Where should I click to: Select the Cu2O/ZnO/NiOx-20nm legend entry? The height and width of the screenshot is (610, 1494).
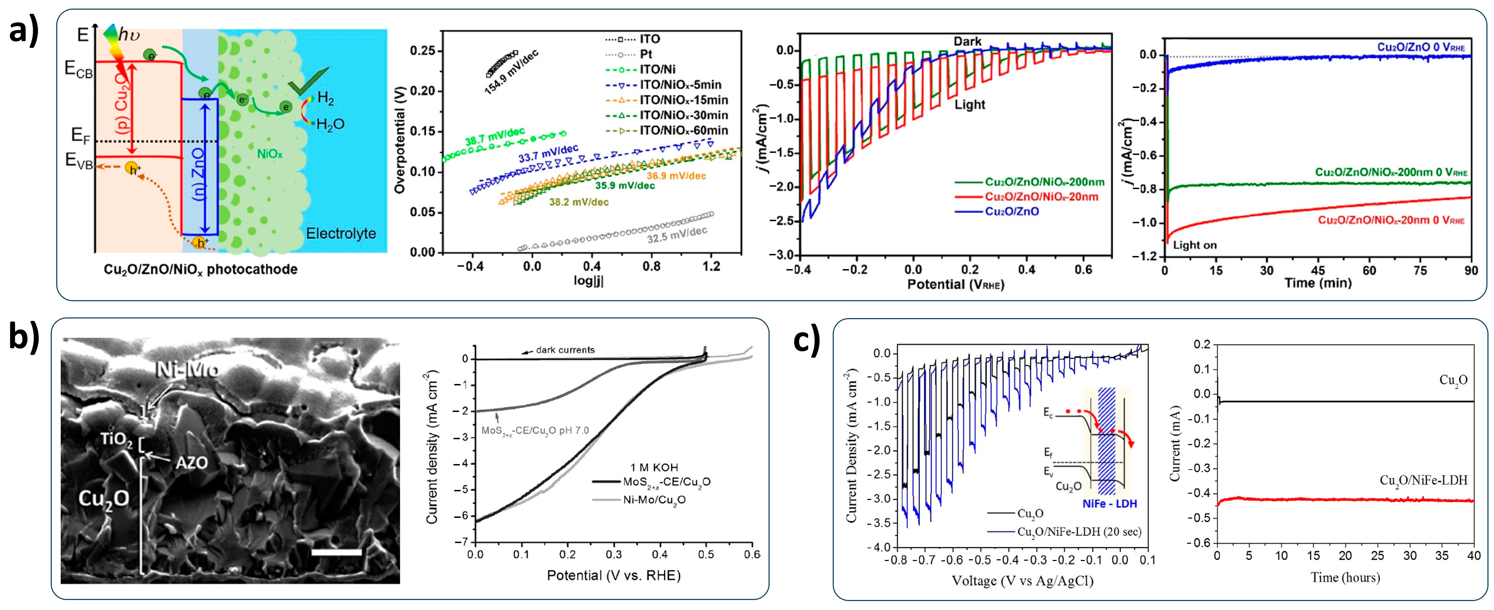(1041, 197)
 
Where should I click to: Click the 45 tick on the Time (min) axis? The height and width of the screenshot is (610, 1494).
(1318, 270)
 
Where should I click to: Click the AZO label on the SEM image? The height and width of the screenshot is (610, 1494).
(191, 463)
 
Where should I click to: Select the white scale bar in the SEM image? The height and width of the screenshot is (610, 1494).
(336, 552)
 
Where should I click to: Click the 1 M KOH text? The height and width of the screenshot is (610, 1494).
(654, 468)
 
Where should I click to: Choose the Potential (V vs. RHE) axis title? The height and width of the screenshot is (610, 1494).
(614, 575)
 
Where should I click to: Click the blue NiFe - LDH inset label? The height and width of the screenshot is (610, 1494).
(1109, 504)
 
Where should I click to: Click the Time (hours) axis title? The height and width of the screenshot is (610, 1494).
(1345, 578)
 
